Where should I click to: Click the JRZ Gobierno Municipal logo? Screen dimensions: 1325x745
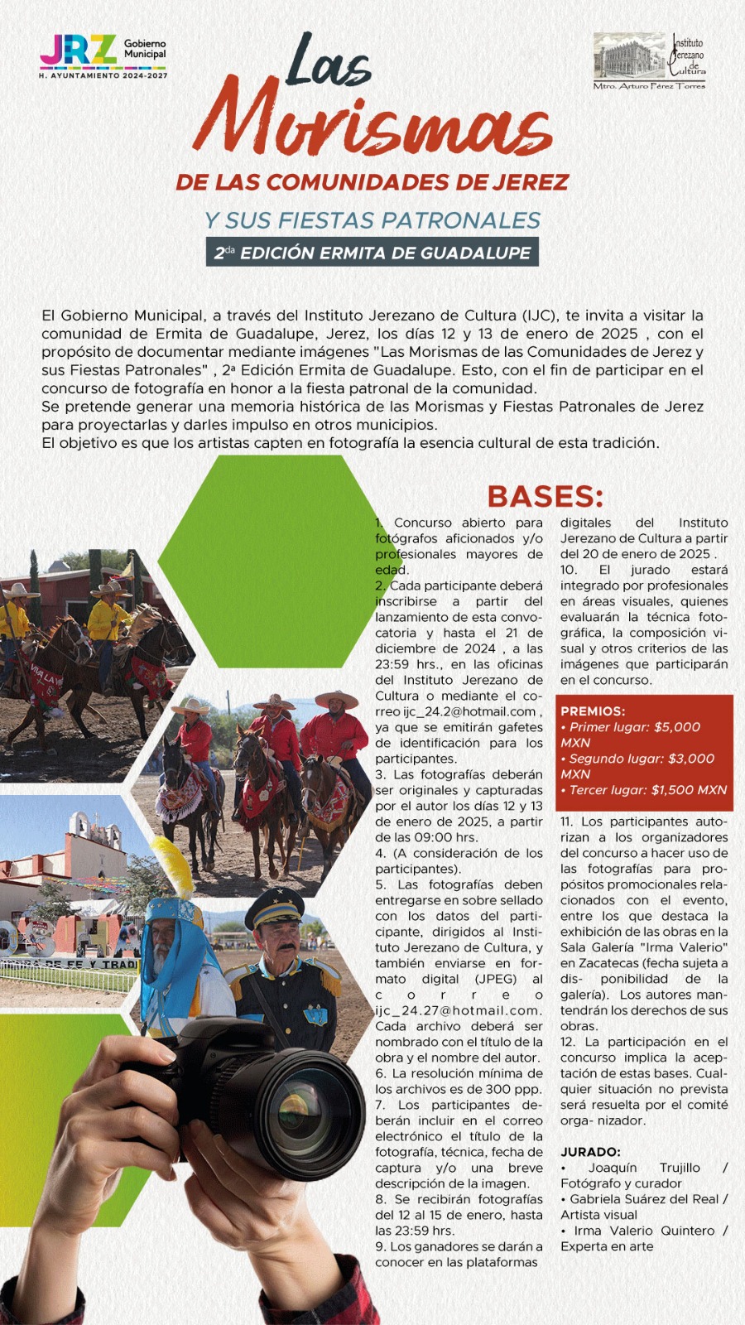click(x=103, y=52)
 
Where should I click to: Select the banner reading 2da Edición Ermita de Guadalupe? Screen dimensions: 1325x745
click(x=372, y=253)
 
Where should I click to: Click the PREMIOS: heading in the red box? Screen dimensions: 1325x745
click(x=593, y=711)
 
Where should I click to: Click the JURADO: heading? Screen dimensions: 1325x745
click(x=590, y=1152)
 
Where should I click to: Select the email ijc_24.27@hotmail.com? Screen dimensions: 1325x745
click(x=458, y=1010)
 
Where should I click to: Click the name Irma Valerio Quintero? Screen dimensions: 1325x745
click(x=650, y=1231)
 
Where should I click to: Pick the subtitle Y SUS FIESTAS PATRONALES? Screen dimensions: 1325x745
click(x=373, y=220)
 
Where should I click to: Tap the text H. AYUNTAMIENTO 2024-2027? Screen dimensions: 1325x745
click(x=103, y=75)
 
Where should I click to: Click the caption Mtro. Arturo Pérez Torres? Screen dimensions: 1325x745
click(x=649, y=86)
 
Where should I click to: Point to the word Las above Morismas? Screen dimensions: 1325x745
click(x=329, y=62)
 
